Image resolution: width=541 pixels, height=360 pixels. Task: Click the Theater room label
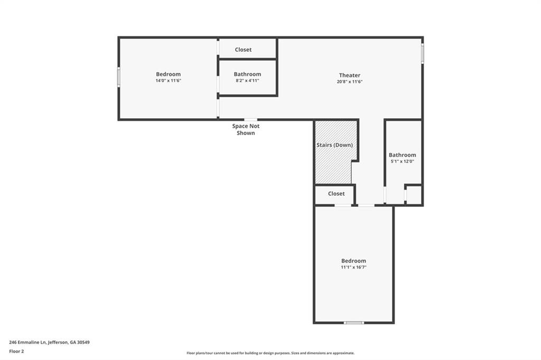[x=349, y=75]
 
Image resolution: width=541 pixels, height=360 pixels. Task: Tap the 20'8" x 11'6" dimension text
[x=349, y=82]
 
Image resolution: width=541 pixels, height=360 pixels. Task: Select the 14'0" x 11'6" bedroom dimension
[x=168, y=81]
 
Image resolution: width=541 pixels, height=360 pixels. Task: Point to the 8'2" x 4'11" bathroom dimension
[x=247, y=81]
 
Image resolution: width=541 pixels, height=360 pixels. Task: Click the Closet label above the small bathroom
[x=243, y=50]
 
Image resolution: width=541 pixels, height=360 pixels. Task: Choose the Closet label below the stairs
[x=336, y=194]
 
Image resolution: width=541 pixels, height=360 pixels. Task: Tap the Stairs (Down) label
[x=334, y=145]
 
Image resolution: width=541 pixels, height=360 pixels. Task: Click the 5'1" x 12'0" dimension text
[x=402, y=162]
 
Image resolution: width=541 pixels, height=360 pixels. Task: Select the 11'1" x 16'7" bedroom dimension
[x=353, y=268]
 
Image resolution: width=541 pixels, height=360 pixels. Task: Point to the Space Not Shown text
[x=246, y=129]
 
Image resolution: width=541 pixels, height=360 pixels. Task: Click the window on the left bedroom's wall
[x=119, y=77]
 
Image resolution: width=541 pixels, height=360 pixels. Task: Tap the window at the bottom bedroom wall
[x=353, y=323]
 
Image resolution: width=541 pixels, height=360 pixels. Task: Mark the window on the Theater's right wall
[x=422, y=53]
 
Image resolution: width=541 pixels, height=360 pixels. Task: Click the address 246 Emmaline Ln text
[x=49, y=342]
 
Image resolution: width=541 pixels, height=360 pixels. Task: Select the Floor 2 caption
[x=16, y=351]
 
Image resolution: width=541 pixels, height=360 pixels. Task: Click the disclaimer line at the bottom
[x=270, y=353]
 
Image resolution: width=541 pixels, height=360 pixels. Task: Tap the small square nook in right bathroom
[x=414, y=195]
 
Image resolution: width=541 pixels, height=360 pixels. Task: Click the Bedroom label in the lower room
[x=353, y=261]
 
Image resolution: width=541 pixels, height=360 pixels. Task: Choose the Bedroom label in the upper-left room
[x=168, y=74]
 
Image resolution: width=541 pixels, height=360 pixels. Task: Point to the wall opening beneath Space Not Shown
[x=250, y=120]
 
